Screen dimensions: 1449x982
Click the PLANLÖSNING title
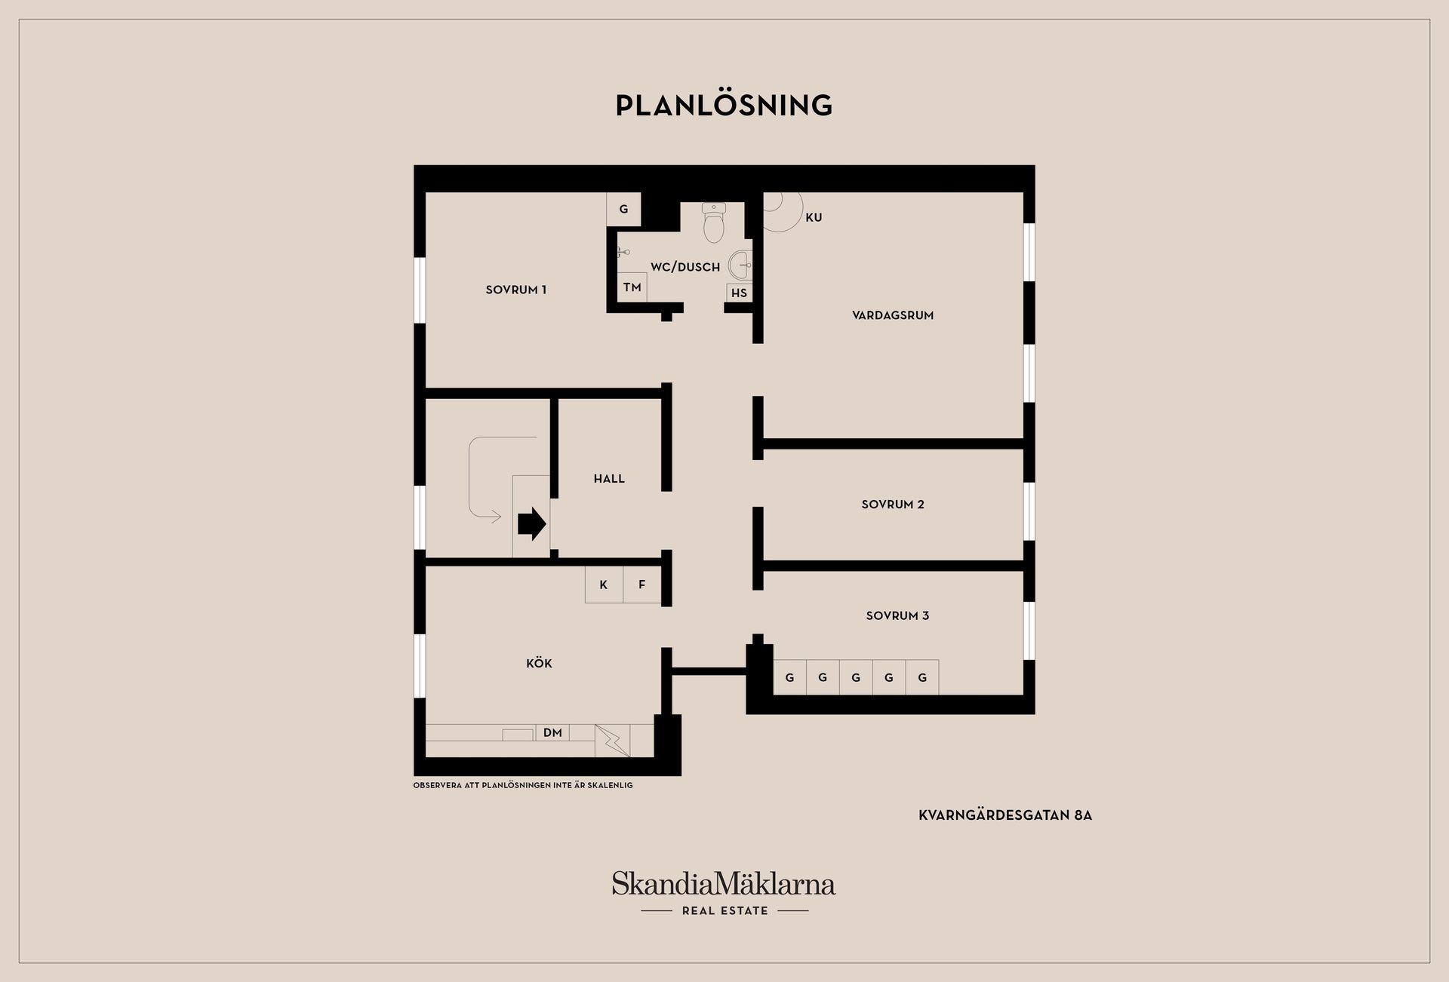[724, 105]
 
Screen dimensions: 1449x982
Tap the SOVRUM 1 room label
[516, 290]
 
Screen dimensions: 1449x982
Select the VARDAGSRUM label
[893, 315]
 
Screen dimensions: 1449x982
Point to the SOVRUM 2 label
[893, 505]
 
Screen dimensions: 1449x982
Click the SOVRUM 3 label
[897, 615]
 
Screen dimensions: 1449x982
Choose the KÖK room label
[539, 663]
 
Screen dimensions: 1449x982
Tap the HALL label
[609, 478]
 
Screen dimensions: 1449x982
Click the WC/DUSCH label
[685, 267]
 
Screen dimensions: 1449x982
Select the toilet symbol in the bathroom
[714, 222]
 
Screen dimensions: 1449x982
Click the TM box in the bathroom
[632, 287]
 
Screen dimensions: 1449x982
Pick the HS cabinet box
[739, 293]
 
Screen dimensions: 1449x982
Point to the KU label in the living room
[814, 217]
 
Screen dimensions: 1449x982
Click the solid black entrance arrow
[532, 523]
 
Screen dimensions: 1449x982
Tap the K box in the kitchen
[604, 585]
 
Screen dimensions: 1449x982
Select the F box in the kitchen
[642, 585]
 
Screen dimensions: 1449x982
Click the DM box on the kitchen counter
[552, 732]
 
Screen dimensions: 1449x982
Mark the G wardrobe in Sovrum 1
[623, 209]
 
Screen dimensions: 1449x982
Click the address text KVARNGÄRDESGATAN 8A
[1005, 815]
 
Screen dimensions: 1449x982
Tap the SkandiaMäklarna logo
[724, 893]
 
